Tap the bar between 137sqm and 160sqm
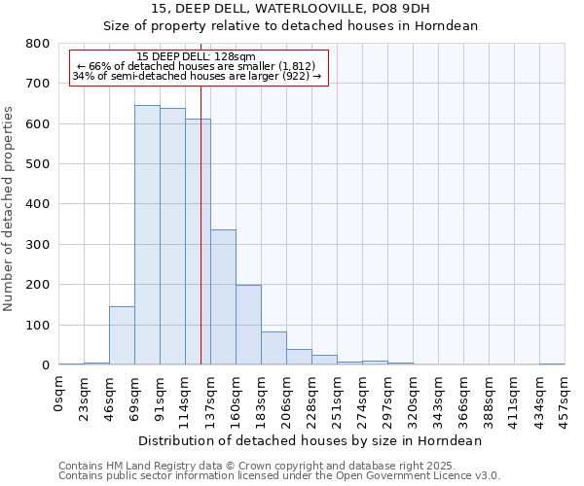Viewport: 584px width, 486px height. [x=223, y=297]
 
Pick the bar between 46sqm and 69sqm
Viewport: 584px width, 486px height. [x=122, y=335]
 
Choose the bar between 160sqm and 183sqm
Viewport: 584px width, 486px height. [x=248, y=325]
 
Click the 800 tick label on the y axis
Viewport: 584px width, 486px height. [x=38, y=44]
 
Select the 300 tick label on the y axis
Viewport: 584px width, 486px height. [x=38, y=245]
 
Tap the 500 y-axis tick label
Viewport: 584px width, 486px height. [x=38, y=164]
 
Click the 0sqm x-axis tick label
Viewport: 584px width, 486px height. [x=60, y=393]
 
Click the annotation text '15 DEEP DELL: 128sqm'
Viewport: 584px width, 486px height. [x=197, y=57]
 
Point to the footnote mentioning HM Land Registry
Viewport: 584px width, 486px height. [x=278, y=466]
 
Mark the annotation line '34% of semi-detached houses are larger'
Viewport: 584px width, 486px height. [x=197, y=76]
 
